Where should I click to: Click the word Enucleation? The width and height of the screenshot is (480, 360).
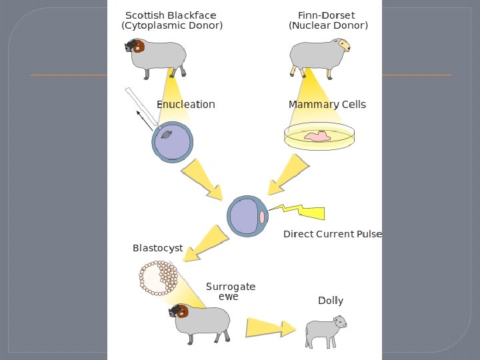pyautogui.click(x=185, y=105)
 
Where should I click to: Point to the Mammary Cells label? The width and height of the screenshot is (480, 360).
pyautogui.click(x=327, y=105)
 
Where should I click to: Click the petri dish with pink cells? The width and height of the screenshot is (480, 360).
pyautogui.click(x=317, y=136)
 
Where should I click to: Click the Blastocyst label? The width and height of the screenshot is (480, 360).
pyautogui.click(x=157, y=248)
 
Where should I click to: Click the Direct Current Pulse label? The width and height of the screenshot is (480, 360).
pyautogui.click(x=332, y=234)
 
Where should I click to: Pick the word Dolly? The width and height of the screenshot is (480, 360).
pyautogui.click(x=331, y=301)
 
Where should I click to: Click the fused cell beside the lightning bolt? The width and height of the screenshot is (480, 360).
pyautogui.click(x=247, y=217)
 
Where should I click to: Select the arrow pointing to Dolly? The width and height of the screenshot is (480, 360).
pyautogui.click(x=270, y=327)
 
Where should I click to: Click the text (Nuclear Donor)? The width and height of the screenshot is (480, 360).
pyautogui.click(x=328, y=26)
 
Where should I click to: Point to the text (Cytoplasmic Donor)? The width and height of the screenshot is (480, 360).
pyautogui.click(x=172, y=26)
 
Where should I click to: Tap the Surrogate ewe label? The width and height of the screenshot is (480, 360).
pyautogui.click(x=230, y=291)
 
